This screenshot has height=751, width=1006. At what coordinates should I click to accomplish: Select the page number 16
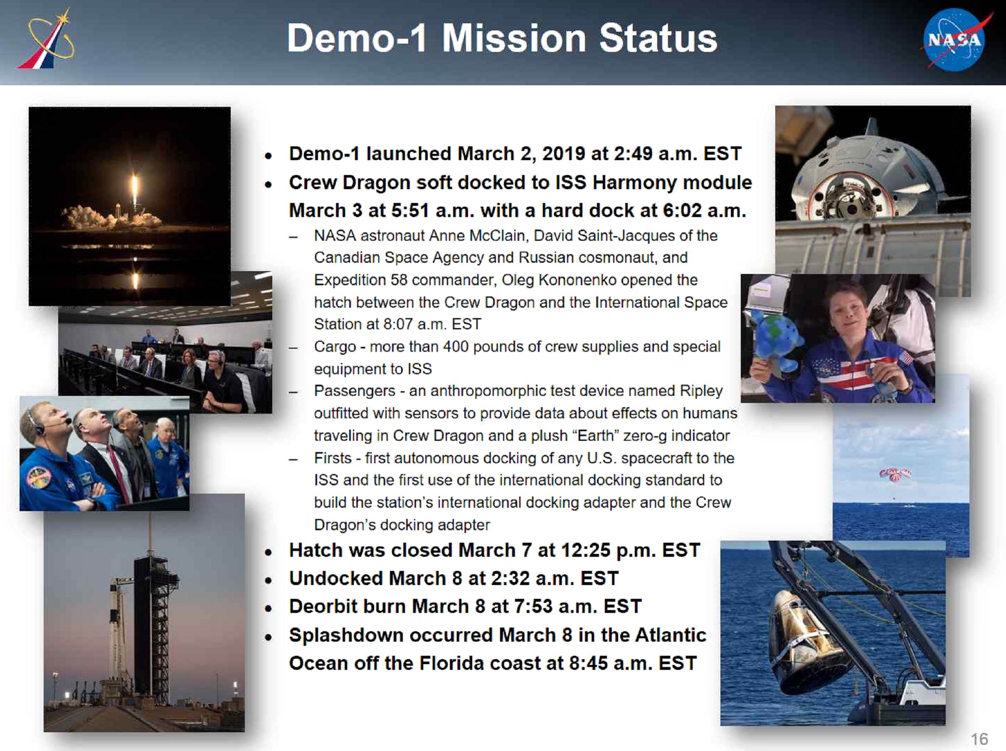979,739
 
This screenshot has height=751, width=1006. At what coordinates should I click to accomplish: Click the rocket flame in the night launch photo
135,190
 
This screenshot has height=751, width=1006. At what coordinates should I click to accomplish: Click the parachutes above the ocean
895,474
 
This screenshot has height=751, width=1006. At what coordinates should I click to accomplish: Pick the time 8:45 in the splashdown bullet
588,663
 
